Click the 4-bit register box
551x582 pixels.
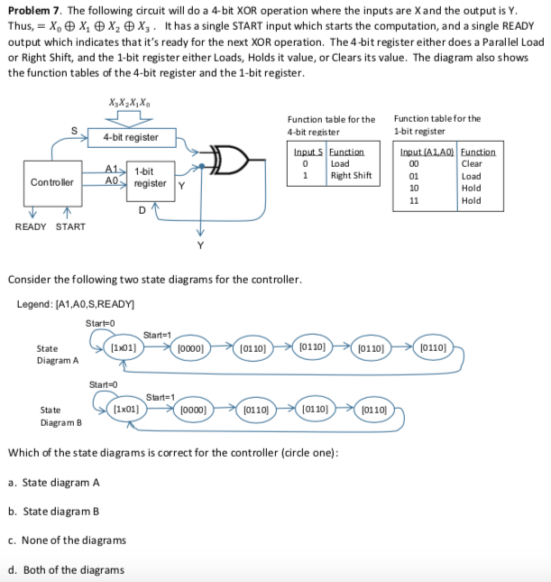(130, 138)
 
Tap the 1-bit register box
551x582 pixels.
(148, 177)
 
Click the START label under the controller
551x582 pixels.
(71, 226)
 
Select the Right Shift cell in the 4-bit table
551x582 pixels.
(351, 175)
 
